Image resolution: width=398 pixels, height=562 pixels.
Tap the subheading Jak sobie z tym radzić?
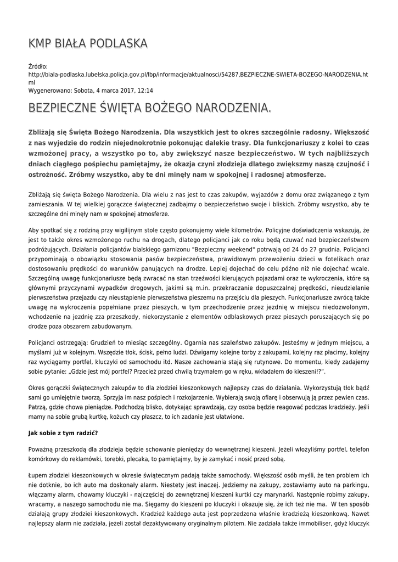pos(63,433)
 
